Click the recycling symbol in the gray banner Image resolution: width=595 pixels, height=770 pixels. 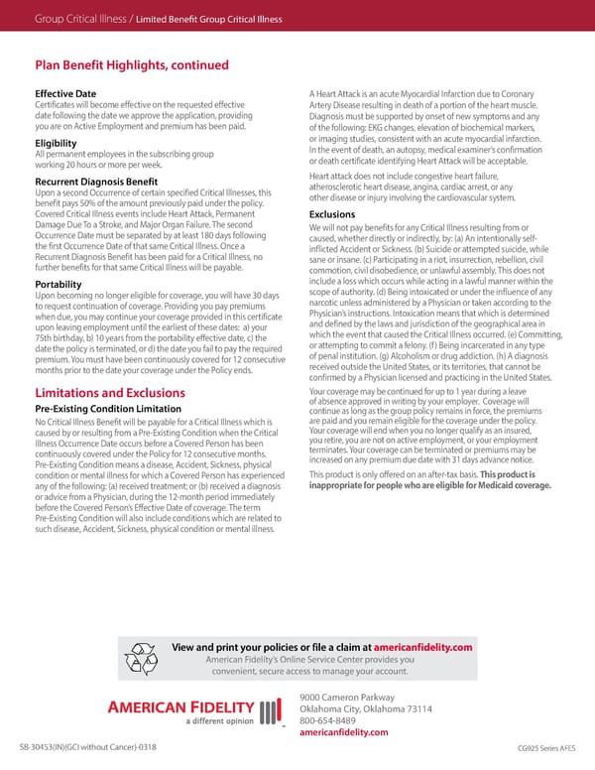(x=145, y=657)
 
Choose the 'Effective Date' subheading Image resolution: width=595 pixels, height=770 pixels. (x=65, y=93)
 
